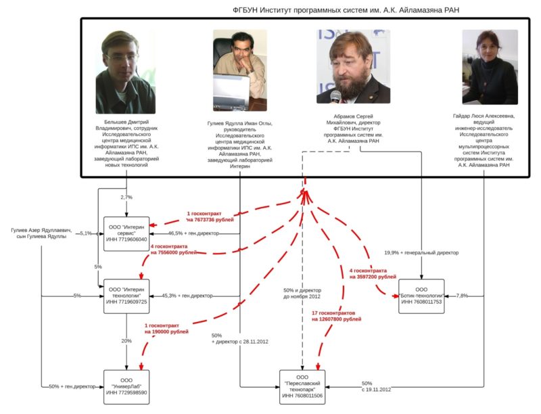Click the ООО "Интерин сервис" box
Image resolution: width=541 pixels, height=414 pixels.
tap(126, 233)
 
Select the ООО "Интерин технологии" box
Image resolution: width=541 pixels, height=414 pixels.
tap(126, 296)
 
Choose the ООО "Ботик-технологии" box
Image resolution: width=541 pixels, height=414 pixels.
tap(422, 296)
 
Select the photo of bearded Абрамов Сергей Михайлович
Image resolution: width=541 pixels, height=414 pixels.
tap(350, 66)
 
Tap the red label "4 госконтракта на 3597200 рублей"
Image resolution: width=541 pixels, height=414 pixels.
tap(373, 273)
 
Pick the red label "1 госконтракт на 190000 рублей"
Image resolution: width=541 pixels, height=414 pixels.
tap(166, 328)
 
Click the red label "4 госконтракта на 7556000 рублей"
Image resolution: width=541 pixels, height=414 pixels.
tap(174, 249)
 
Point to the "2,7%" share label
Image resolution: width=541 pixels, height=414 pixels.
tap(126, 197)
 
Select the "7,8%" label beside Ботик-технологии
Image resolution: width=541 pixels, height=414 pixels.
tap(463, 296)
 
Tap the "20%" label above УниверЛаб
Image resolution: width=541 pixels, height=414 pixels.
tap(126, 341)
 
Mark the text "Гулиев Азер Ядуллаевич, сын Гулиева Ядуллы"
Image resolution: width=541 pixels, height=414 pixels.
tap(41, 233)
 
